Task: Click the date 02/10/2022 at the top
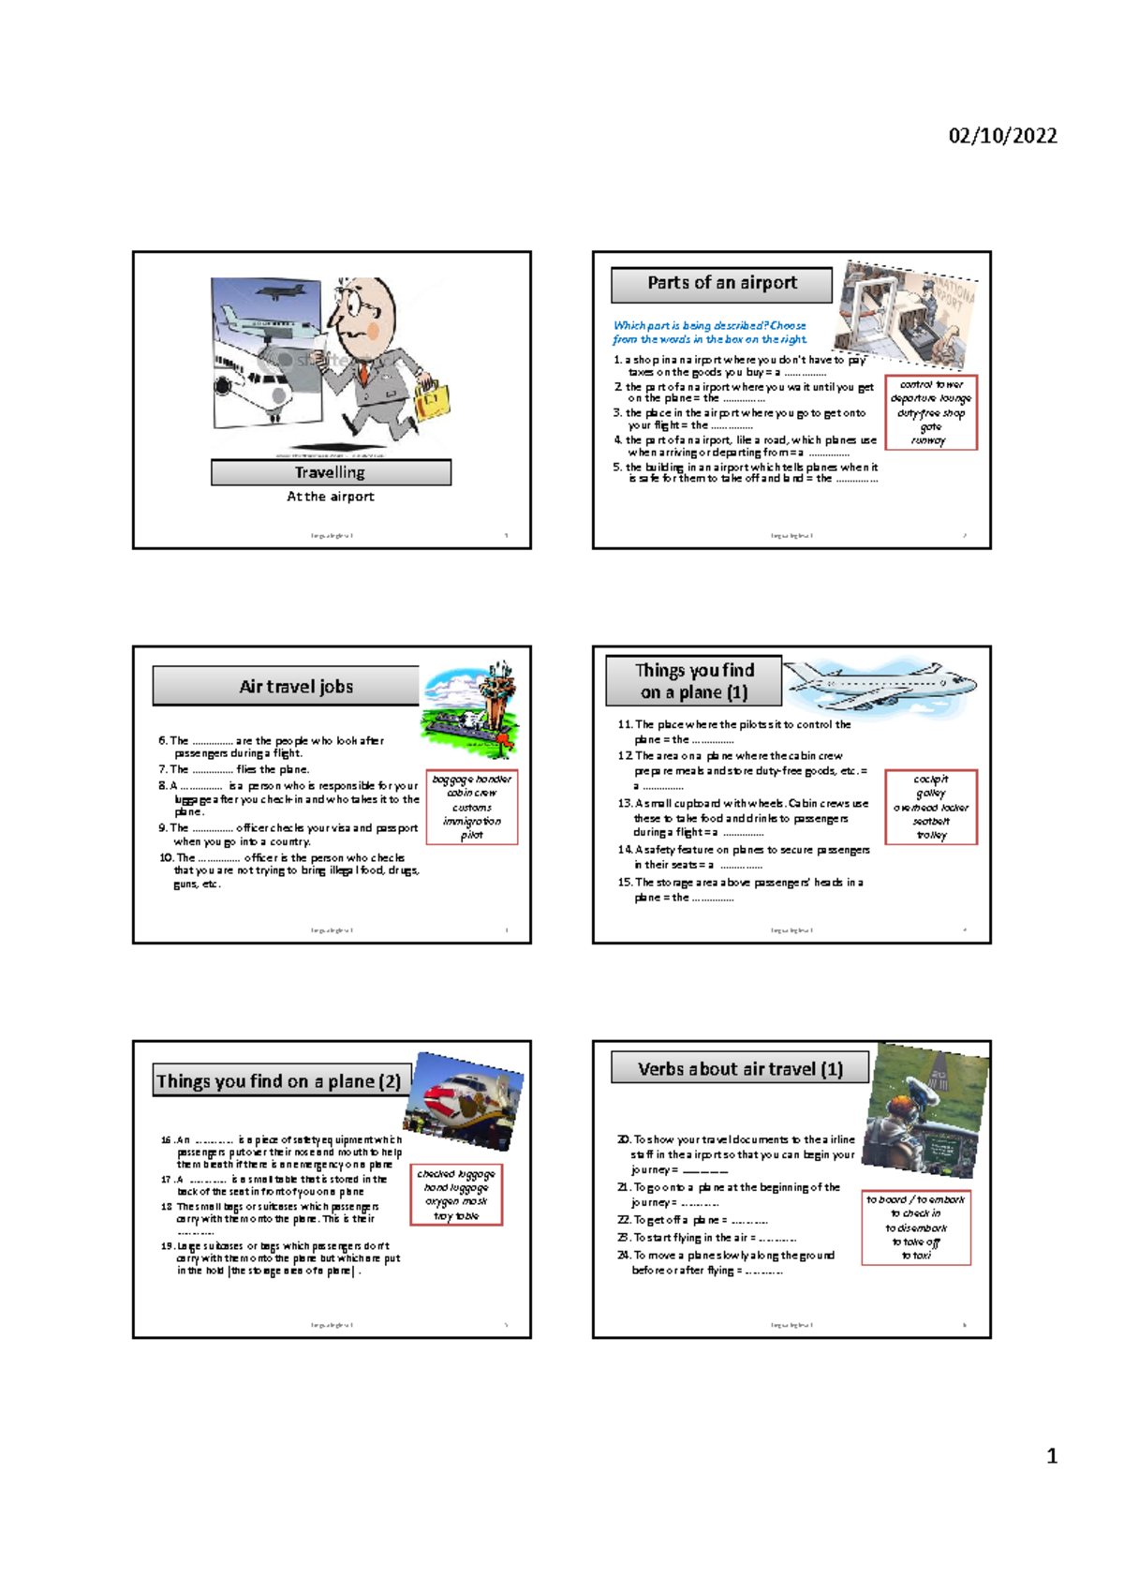coord(1002,136)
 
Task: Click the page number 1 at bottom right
coord(1051,1455)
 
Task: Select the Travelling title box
coord(331,472)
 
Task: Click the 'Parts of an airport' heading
coord(721,283)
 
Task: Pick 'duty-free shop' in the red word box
coord(930,412)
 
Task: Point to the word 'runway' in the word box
coord(928,439)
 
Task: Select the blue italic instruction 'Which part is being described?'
coord(709,325)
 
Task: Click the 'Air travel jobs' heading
coord(296,686)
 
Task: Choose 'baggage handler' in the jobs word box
coord(471,779)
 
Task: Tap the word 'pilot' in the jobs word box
coord(471,834)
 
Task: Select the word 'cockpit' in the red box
coord(930,779)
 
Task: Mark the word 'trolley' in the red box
coord(931,834)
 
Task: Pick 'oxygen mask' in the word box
coord(456,1200)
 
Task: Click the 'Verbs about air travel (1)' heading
coord(740,1069)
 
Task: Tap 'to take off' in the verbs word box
coord(915,1242)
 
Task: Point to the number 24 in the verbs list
coord(623,1256)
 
